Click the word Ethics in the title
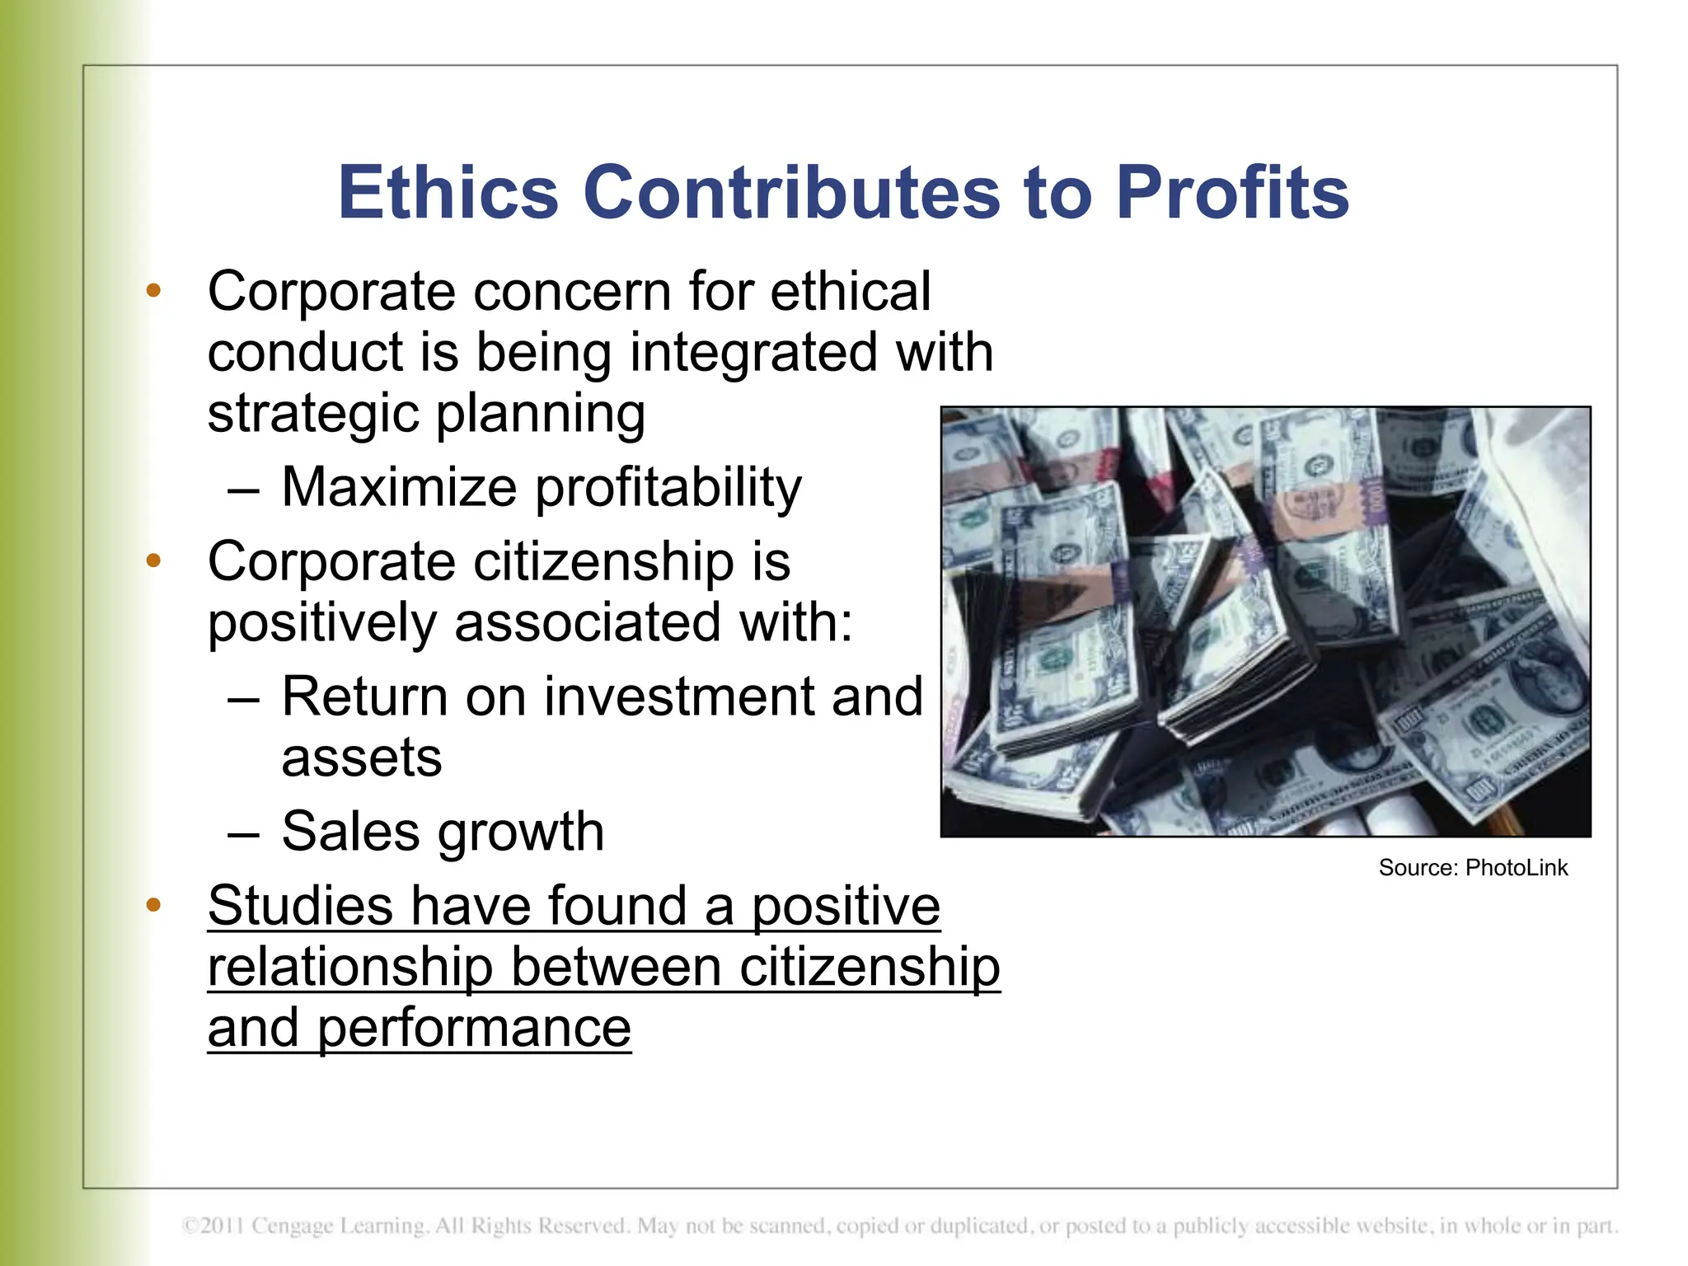(x=448, y=192)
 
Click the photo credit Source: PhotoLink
(x=1473, y=868)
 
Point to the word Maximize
(x=399, y=487)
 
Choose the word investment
(x=681, y=696)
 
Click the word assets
(x=362, y=758)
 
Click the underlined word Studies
(x=301, y=906)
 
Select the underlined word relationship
(x=350, y=967)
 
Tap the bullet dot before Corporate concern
(x=153, y=291)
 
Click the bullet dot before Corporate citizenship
(x=153, y=561)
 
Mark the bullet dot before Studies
(x=153, y=906)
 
